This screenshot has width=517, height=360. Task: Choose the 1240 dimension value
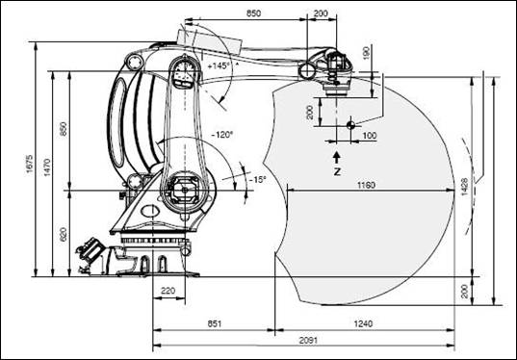pos(363,324)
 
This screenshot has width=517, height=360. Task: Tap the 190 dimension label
pos(365,50)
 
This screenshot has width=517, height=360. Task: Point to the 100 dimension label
pos(369,136)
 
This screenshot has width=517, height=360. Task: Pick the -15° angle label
pos(257,179)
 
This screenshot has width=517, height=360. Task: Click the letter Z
pos(336,170)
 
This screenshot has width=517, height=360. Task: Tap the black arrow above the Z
pos(336,155)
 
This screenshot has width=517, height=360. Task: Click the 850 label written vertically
pos(63,129)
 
